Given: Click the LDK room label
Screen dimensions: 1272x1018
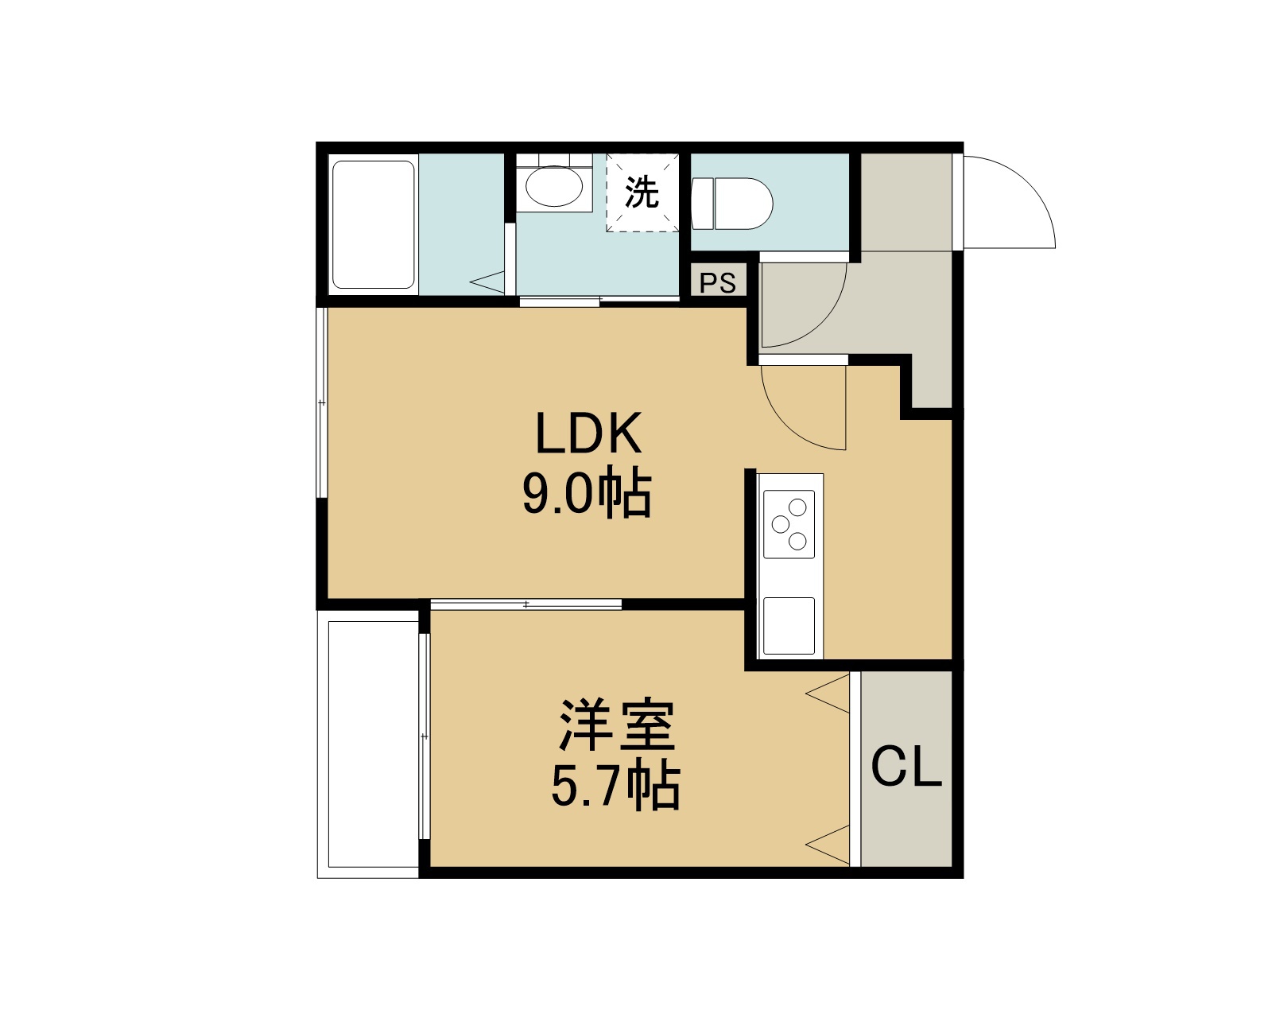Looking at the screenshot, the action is pos(588,433).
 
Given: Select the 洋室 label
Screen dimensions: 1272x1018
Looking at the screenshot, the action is pos(617,725).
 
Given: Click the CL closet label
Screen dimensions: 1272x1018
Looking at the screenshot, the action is pos(906,767).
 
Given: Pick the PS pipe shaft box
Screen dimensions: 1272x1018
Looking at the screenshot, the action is pos(718,282).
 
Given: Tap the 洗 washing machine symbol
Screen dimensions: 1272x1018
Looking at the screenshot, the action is pos(642,192).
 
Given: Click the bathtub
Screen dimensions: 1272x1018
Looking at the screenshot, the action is pos(374,225).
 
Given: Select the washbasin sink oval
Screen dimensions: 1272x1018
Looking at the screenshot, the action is pos(554,186).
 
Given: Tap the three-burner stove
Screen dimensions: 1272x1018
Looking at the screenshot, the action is pos(789,524).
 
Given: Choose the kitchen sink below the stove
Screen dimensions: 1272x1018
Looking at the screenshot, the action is pos(789,626).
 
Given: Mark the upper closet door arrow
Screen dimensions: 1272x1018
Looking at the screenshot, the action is pos(828,694).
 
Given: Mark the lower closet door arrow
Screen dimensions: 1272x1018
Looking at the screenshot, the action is pos(828,845).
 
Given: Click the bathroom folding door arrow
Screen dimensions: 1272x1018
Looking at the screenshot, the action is pos(487,282).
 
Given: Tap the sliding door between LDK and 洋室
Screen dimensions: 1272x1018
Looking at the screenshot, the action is pos(526,604).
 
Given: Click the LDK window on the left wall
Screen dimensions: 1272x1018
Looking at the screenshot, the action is pos(321,402).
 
